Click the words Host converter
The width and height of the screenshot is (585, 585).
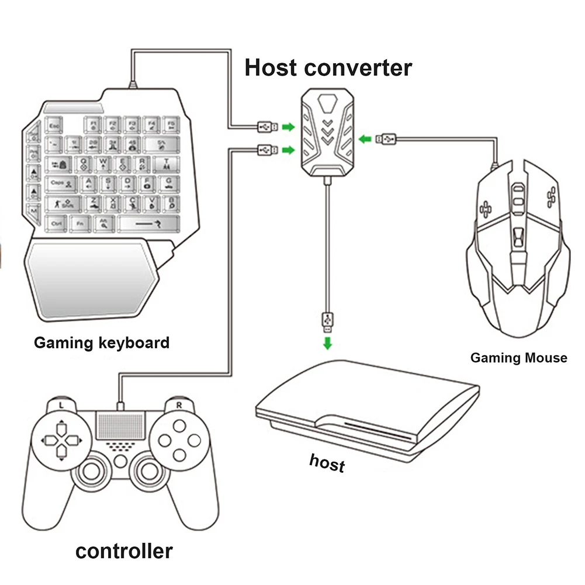pyautogui.click(x=328, y=67)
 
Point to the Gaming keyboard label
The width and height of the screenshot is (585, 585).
pyautogui.click(x=102, y=342)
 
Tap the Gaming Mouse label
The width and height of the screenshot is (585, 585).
pyautogui.click(x=518, y=357)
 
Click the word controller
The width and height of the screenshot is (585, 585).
pyautogui.click(x=124, y=551)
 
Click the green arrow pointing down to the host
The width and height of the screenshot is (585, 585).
pyautogui.click(x=328, y=343)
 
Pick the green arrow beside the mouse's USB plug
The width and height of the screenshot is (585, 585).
pyautogui.click(x=365, y=139)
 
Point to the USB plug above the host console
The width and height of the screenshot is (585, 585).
pyautogui.click(x=328, y=321)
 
